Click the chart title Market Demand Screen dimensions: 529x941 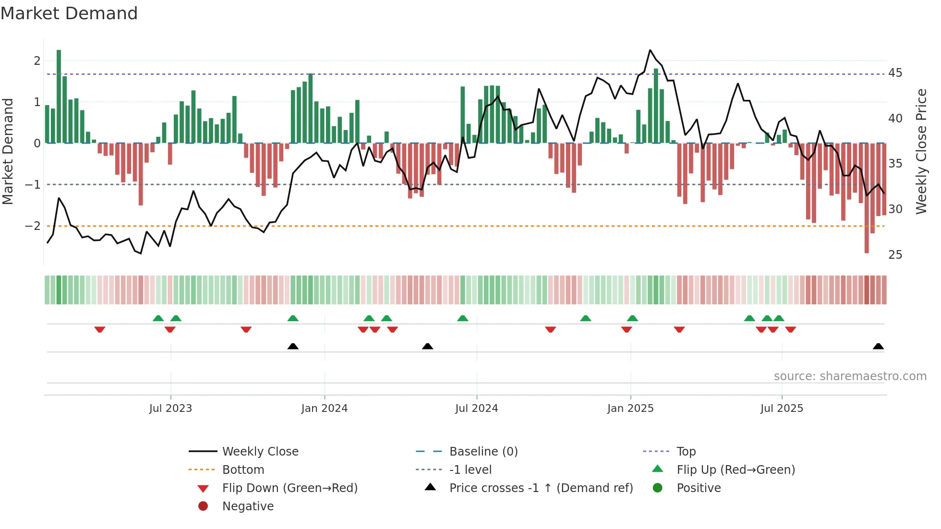click(69, 13)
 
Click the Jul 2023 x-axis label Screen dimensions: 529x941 click(170, 409)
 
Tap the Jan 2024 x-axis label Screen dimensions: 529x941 click(324, 409)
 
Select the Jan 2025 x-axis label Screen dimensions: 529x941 click(630, 409)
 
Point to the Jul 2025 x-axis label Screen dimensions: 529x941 click(782, 409)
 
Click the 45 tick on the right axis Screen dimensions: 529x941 click(895, 73)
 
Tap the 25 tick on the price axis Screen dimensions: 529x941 click(895, 255)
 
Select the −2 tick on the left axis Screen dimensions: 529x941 click(33, 226)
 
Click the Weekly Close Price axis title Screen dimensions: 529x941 click(921, 151)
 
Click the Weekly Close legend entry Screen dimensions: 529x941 click(260, 452)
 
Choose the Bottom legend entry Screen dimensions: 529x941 click(243, 470)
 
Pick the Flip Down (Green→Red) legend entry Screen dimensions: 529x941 click(290, 488)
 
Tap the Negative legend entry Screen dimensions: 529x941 click(248, 506)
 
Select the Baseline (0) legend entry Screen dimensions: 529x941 click(483, 452)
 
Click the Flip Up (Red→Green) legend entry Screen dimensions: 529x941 click(736, 470)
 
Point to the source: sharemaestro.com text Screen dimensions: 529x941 click(850, 376)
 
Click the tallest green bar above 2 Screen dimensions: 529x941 click(59, 96)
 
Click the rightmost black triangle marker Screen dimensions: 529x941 click(878, 347)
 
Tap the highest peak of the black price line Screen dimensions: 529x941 click(650, 50)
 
